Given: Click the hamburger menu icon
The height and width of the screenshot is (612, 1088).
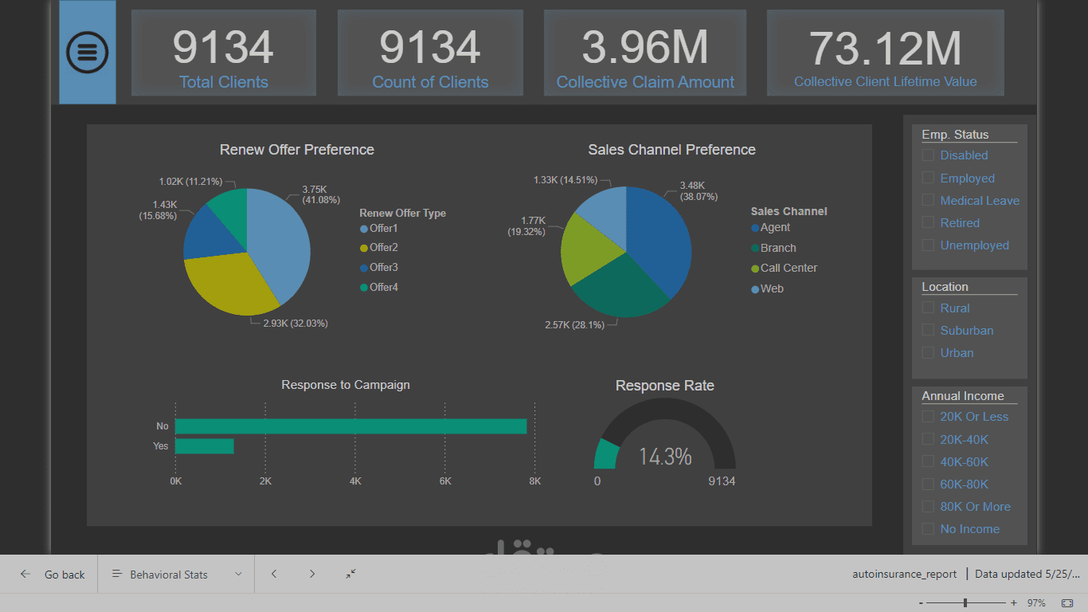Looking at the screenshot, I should point(88,52).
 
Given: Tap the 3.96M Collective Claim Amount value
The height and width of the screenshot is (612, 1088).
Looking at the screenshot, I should point(644,47).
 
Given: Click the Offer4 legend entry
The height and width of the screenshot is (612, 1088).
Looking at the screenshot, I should point(383,287).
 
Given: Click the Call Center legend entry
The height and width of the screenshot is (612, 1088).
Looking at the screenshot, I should point(788,268).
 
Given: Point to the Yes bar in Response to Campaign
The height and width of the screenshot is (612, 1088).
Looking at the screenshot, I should point(204,446).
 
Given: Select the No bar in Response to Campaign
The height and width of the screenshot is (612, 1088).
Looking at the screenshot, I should point(350,426).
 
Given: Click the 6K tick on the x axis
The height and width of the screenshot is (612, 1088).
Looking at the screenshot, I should point(445,481).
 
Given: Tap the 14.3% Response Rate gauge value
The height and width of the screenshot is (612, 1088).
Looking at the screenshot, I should point(665,457).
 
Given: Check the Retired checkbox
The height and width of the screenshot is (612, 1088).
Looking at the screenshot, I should point(928,222).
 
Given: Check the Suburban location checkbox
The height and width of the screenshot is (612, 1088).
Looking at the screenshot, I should point(928,330).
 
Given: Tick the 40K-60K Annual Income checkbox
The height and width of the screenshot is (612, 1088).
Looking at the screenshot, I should point(928,461).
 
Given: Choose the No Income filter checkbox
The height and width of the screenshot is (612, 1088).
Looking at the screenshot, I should point(928,528).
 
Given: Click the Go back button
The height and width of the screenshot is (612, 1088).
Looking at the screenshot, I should point(53,575).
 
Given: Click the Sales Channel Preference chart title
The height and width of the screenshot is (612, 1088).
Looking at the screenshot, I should point(671,150).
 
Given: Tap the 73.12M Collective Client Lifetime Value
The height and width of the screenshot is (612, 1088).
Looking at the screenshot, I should point(885,47).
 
